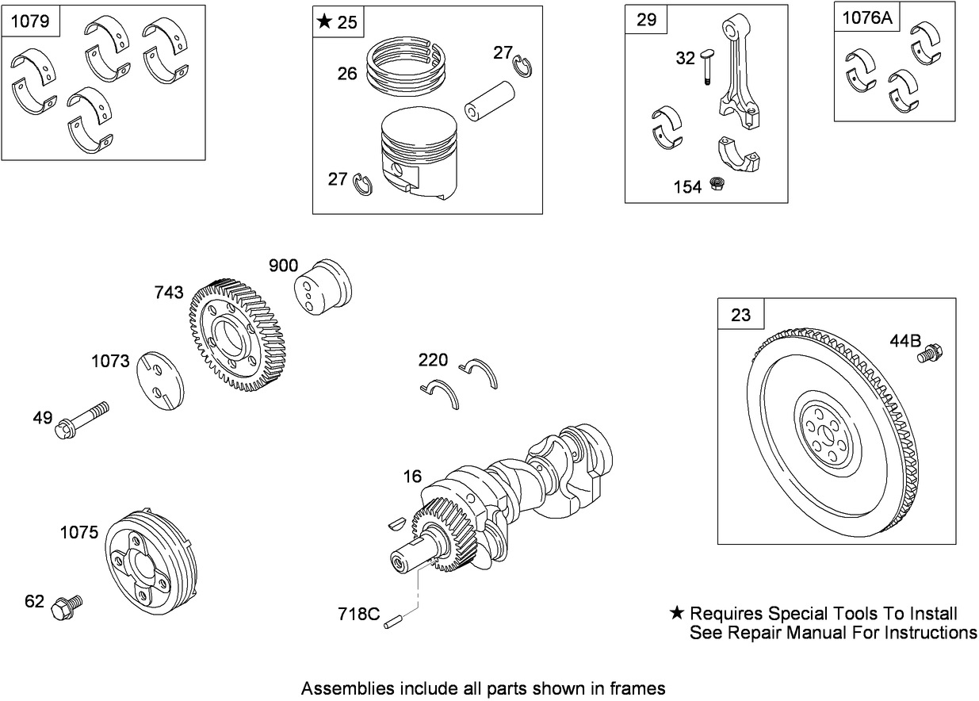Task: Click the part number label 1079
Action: pos(33,21)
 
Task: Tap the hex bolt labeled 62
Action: pos(64,608)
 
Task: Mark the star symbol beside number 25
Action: pos(324,22)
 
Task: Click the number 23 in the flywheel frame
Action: pos(740,316)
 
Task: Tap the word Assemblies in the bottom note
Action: pos(342,688)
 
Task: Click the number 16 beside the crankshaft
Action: pos(412,476)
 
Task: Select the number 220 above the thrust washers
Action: pos(433,361)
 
